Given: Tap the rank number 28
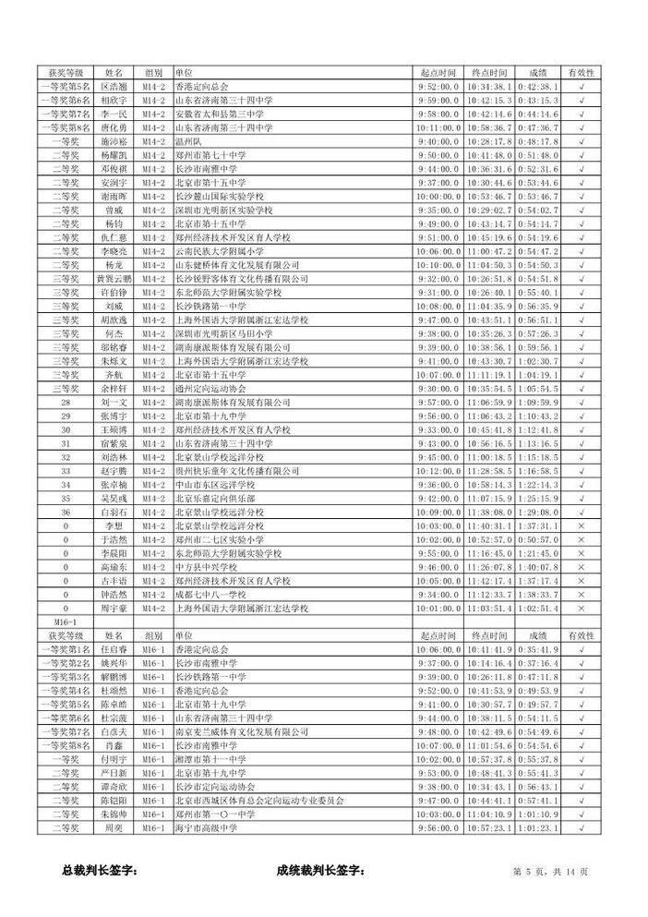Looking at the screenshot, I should pos(66,403).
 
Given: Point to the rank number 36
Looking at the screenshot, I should pos(66,511).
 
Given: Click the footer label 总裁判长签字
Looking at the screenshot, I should pos(100,870).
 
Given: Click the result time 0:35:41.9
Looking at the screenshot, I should pos(537,649).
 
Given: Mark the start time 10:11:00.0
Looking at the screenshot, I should pos(438,127).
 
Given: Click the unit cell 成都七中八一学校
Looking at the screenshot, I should pos(209,595).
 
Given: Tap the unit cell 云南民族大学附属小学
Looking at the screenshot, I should pos(211,250).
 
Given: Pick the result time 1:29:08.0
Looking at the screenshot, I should pos(537,511).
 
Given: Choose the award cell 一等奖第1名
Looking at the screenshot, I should pos(66,649).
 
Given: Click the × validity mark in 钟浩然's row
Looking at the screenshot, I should pos(581,595).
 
